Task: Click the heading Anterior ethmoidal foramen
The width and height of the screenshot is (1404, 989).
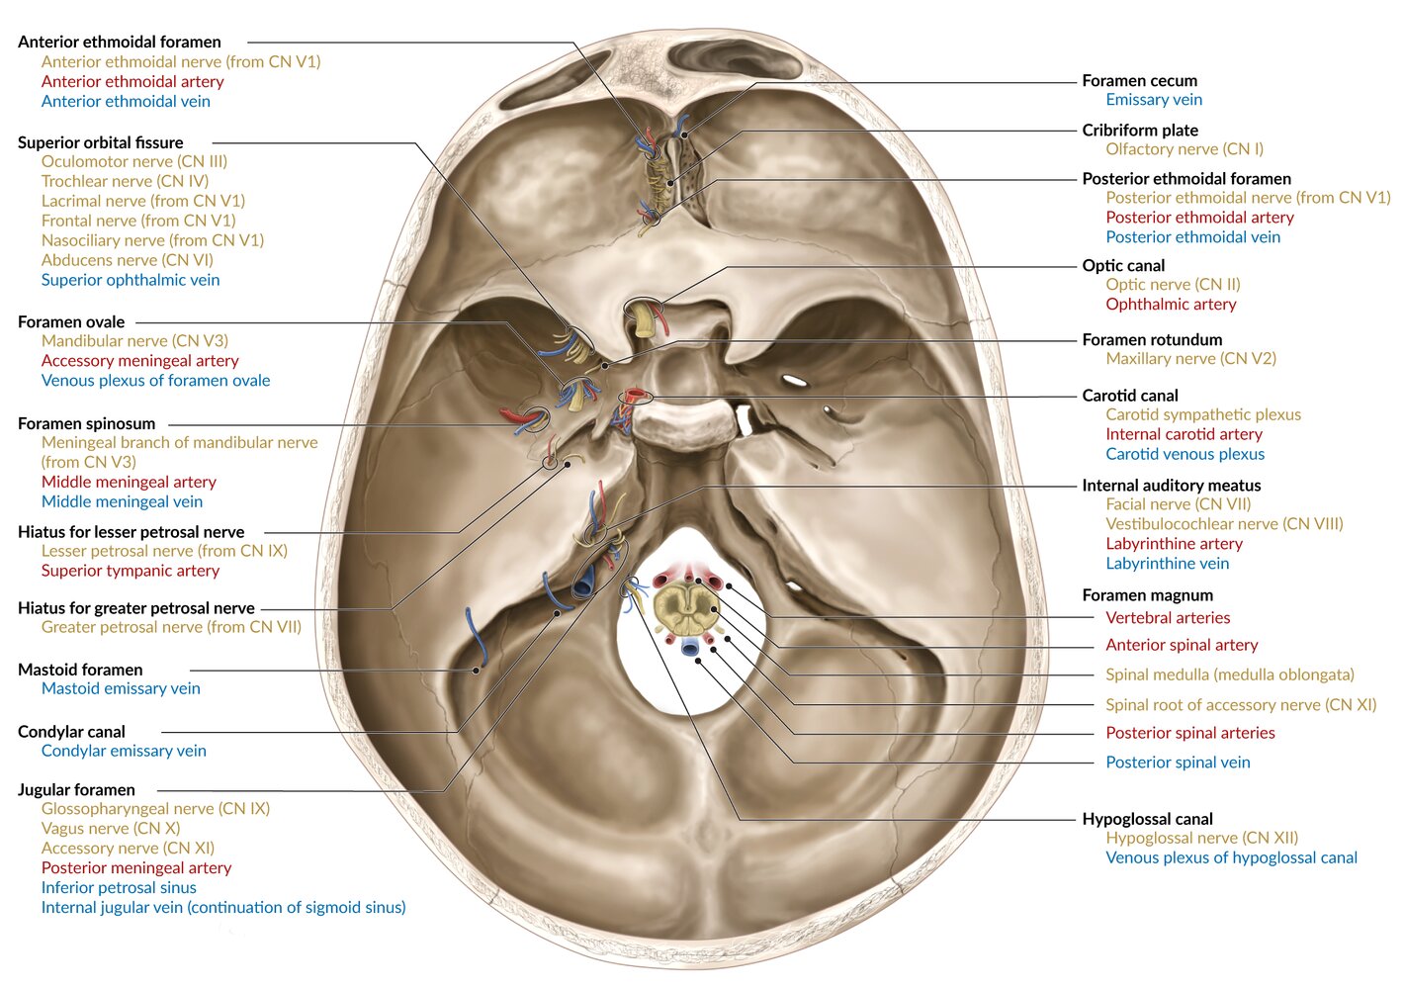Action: coord(119,42)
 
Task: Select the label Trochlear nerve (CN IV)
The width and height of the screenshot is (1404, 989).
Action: coord(125,181)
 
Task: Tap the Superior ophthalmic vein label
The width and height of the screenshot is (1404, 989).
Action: coord(131,280)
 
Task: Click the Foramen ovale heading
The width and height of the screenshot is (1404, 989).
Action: coord(71,321)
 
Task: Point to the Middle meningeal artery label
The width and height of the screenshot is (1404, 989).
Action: coord(129,482)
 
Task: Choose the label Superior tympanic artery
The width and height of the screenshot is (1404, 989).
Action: coord(131,571)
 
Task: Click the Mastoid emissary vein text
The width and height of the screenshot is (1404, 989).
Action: coord(121,688)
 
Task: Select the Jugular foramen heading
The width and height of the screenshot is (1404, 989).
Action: coord(76,789)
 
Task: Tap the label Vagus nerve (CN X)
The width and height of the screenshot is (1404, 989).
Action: coord(111,828)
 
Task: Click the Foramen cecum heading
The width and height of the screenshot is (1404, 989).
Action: coord(1139,80)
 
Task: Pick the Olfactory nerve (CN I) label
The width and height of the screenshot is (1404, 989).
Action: coord(1185,149)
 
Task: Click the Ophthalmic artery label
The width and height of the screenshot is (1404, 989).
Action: coord(1171,305)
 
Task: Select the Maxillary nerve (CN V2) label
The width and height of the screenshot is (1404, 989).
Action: coord(1190,359)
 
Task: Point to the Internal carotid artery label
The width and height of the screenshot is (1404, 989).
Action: coord(1184,434)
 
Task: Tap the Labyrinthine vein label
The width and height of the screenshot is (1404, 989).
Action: coord(1167,564)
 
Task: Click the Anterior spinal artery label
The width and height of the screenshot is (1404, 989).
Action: coord(1182,645)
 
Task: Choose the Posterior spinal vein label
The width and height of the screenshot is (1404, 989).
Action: coord(1178,763)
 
